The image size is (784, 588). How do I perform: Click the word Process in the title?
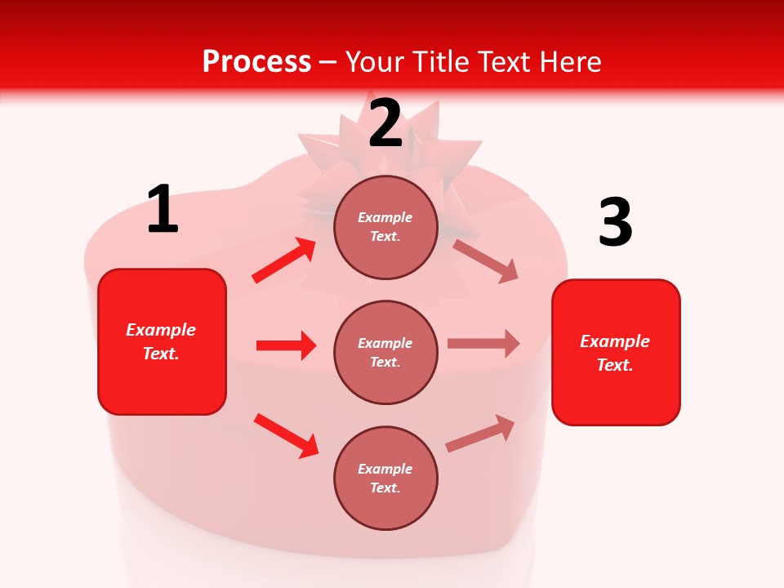pyautogui.click(x=256, y=61)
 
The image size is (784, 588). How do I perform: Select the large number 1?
pyautogui.click(x=163, y=210)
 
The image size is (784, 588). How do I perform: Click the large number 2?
pyautogui.click(x=385, y=123)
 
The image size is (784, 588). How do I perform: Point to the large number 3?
pyautogui.click(x=615, y=223)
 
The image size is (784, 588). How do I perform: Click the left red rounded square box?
pyautogui.click(x=162, y=341)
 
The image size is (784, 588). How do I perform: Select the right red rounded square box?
pyautogui.click(x=616, y=352)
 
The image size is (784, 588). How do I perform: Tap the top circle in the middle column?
pyautogui.click(x=385, y=227)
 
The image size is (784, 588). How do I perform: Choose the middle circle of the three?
pyautogui.click(x=385, y=352)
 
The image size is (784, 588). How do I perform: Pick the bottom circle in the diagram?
pyautogui.click(x=385, y=478)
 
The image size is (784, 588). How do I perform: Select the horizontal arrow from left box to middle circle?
pyautogui.click(x=286, y=345)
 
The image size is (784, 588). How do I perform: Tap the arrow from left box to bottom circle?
pyautogui.click(x=287, y=435)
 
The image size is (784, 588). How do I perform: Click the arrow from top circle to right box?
pyautogui.click(x=485, y=261)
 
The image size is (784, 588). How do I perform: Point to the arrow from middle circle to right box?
pyautogui.click(x=483, y=344)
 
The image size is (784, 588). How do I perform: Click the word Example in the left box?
pyautogui.click(x=161, y=330)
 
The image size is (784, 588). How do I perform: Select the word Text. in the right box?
pyautogui.click(x=615, y=365)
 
